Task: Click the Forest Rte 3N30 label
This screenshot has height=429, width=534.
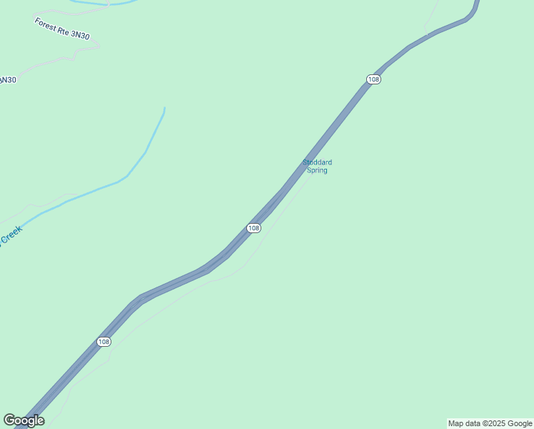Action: [62, 29]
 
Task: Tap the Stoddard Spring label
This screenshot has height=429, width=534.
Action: [317, 167]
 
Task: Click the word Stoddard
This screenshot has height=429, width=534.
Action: [317, 162]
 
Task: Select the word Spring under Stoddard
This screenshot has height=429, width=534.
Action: [317, 171]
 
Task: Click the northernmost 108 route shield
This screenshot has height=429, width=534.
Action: [373, 79]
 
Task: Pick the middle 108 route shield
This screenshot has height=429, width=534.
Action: [253, 227]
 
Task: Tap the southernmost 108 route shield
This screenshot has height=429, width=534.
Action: [104, 342]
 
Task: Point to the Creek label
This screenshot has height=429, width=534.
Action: [11, 235]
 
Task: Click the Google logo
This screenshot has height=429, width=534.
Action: [24, 420]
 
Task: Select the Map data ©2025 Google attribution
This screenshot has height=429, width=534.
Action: [490, 423]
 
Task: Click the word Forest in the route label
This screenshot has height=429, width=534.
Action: [46, 23]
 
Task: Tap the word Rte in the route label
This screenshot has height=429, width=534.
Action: [65, 30]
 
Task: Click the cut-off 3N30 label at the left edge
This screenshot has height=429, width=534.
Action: [7, 80]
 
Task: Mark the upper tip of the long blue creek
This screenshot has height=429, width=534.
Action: [164, 109]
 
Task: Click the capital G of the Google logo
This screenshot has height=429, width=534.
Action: [9, 420]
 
